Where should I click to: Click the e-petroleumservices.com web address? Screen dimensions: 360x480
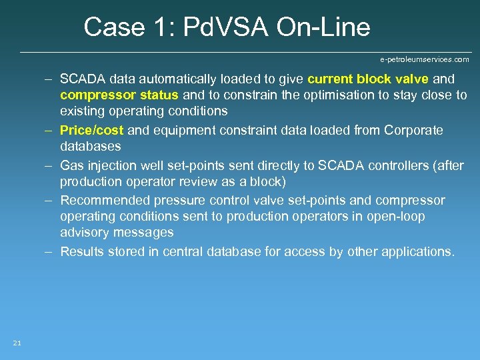(x=425, y=59)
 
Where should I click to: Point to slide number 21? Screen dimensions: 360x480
(x=17, y=343)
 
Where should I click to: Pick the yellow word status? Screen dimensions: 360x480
(x=159, y=95)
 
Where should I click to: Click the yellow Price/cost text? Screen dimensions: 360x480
(x=91, y=130)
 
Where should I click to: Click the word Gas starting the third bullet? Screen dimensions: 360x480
(x=71, y=165)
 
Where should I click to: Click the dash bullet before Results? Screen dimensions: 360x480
(x=49, y=251)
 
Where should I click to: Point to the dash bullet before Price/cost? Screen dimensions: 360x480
(x=49, y=130)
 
